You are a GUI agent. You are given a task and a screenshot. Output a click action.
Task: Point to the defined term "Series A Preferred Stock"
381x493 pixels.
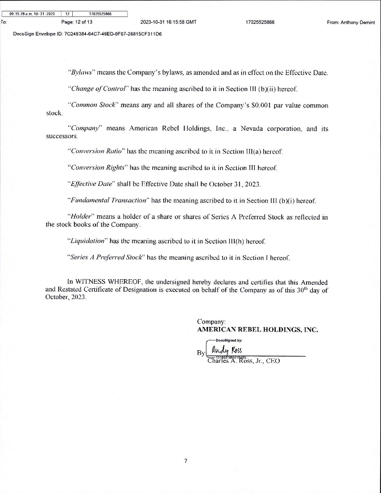pyautogui.click(x=106, y=258)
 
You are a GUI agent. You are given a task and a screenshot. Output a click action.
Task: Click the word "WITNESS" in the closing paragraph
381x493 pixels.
pyautogui.click(x=92, y=282)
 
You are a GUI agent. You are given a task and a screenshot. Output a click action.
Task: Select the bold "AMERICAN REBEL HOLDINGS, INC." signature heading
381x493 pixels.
pyautogui.click(x=258, y=329)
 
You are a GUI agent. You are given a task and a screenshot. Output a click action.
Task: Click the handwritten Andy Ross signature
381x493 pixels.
pyautogui.click(x=226, y=350)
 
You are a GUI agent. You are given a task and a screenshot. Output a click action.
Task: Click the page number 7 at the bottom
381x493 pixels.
pyautogui.click(x=185, y=461)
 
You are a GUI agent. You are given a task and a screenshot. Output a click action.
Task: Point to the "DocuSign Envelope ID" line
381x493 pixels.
pyautogui.click(x=87, y=34)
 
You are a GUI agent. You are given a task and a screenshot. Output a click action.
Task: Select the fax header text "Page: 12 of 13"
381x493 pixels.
pyautogui.click(x=76, y=22)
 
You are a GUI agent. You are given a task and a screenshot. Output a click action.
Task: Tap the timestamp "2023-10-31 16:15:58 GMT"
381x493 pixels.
pyautogui.click(x=168, y=22)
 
